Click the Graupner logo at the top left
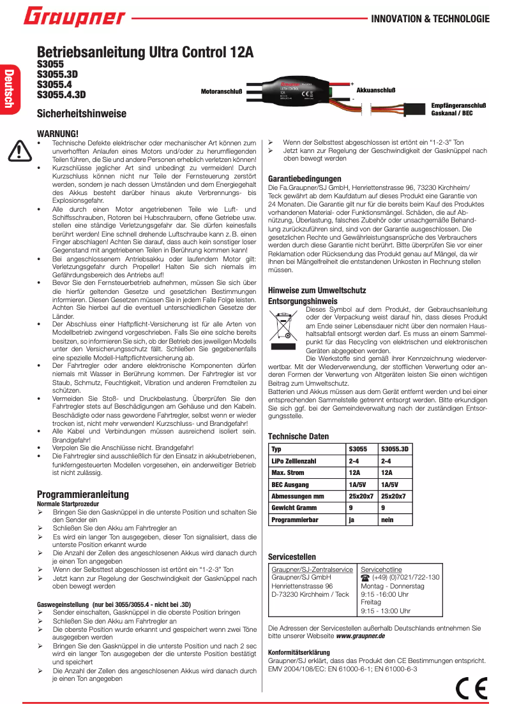coord(75,18)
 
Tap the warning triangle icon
coord(20,150)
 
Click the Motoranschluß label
coord(222,92)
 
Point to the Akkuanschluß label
coord(376,92)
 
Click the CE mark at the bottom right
coord(472,688)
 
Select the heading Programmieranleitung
coord(83,494)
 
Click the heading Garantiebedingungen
coord(305,179)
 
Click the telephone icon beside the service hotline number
coord(365,577)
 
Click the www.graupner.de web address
coord(361,636)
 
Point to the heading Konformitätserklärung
coord(299,652)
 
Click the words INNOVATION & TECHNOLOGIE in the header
coord(430,19)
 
